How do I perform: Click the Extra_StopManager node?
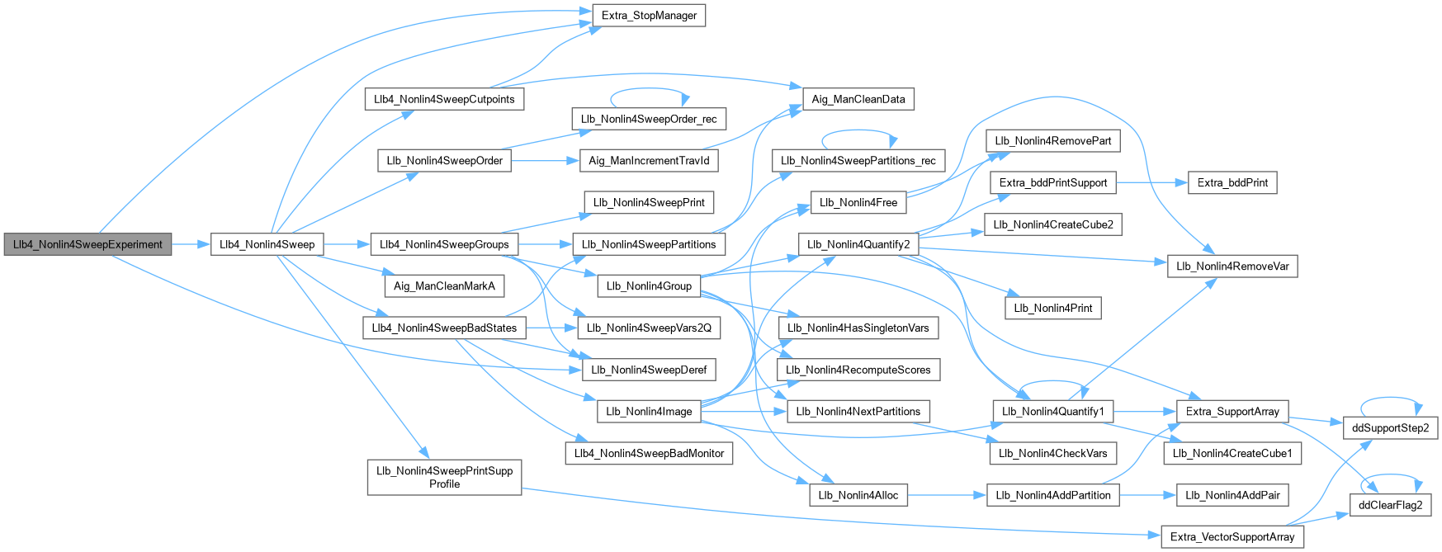tap(649, 16)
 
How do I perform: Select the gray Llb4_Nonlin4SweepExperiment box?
tap(87, 244)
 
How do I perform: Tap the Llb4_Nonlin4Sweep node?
tap(267, 244)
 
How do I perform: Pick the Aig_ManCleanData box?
tap(858, 99)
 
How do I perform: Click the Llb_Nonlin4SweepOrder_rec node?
tap(649, 119)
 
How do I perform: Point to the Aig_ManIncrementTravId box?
tap(649, 161)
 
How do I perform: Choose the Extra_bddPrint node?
tap(1232, 182)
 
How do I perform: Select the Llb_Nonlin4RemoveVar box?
tap(1232, 266)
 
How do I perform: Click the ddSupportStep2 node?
tap(1391, 428)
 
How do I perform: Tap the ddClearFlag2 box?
tap(1391, 505)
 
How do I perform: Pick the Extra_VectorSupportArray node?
tap(1232, 537)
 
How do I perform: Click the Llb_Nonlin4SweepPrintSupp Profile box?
tap(444, 478)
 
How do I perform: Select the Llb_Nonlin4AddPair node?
tap(1232, 495)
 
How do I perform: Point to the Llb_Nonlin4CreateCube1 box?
tap(1232, 453)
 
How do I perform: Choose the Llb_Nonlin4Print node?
tap(1052, 308)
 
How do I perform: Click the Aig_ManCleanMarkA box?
tap(444, 286)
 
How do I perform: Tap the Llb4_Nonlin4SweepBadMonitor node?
tap(649, 453)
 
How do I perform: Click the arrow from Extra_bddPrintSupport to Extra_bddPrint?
tap(1151, 182)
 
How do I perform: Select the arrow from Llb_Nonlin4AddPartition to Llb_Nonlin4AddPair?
tap(1147, 495)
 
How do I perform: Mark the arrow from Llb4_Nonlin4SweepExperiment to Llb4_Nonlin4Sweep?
tap(191, 244)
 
